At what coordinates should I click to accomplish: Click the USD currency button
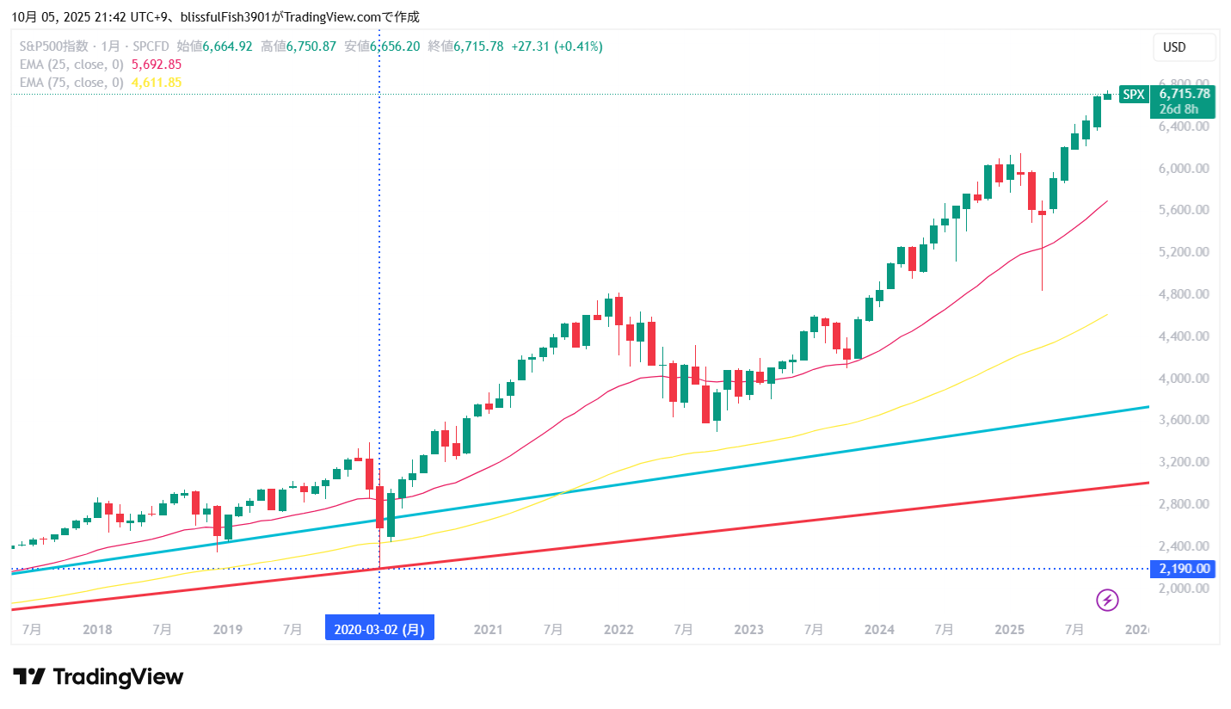click(1184, 47)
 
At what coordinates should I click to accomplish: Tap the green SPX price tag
click(1135, 95)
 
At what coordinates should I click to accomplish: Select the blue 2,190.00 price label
click(1183, 569)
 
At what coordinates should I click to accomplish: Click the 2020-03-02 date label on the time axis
click(379, 629)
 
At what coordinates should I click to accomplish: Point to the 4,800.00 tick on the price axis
click(1185, 294)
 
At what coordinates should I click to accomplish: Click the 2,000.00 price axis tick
click(1185, 589)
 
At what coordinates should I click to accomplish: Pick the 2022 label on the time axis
click(619, 630)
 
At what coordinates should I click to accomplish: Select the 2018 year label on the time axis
click(97, 630)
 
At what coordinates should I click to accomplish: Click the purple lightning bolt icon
click(1107, 600)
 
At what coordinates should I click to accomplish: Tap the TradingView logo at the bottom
click(98, 677)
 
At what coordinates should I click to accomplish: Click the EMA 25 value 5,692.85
click(157, 65)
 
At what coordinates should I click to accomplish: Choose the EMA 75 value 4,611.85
click(157, 83)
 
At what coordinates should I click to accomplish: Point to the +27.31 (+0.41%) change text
click(557, 46)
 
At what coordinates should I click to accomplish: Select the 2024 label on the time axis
click(879, 630)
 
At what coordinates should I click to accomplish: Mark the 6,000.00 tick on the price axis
click(1185, 169)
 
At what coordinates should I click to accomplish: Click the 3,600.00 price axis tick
click(1185, 421)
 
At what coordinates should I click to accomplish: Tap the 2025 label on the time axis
click(1010, 630)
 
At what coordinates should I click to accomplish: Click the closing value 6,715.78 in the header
click(478, 46)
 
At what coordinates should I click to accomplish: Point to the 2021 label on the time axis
click(488, 630)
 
